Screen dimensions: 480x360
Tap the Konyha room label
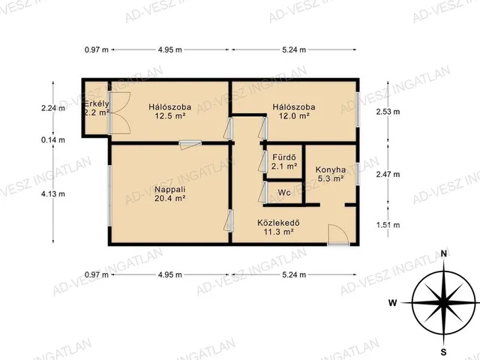pos(331,169)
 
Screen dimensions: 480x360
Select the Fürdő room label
pos(284,157)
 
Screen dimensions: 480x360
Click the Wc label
pos(284,193)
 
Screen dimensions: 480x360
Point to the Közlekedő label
pos(278,223)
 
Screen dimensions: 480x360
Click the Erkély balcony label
pos(97,103)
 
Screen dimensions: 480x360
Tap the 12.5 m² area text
pos(170,116)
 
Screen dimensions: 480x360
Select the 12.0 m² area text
pos(294,116)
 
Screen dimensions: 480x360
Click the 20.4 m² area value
pos(170,198)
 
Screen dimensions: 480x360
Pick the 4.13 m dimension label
pos(53,193)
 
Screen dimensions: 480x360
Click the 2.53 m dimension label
pos(388,112)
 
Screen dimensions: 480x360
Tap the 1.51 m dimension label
pos(388,225)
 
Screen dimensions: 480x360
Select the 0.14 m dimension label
pos(53,140)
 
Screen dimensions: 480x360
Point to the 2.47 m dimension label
pos(388,175)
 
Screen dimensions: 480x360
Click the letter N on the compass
pos(444,253)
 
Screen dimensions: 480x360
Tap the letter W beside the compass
pos(393,303)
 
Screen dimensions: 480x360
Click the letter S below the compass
pos(444,351)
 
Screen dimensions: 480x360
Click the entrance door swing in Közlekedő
pos(338,235)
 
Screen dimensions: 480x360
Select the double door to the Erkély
pos(120,113)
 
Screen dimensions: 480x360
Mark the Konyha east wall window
pos(357,174)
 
